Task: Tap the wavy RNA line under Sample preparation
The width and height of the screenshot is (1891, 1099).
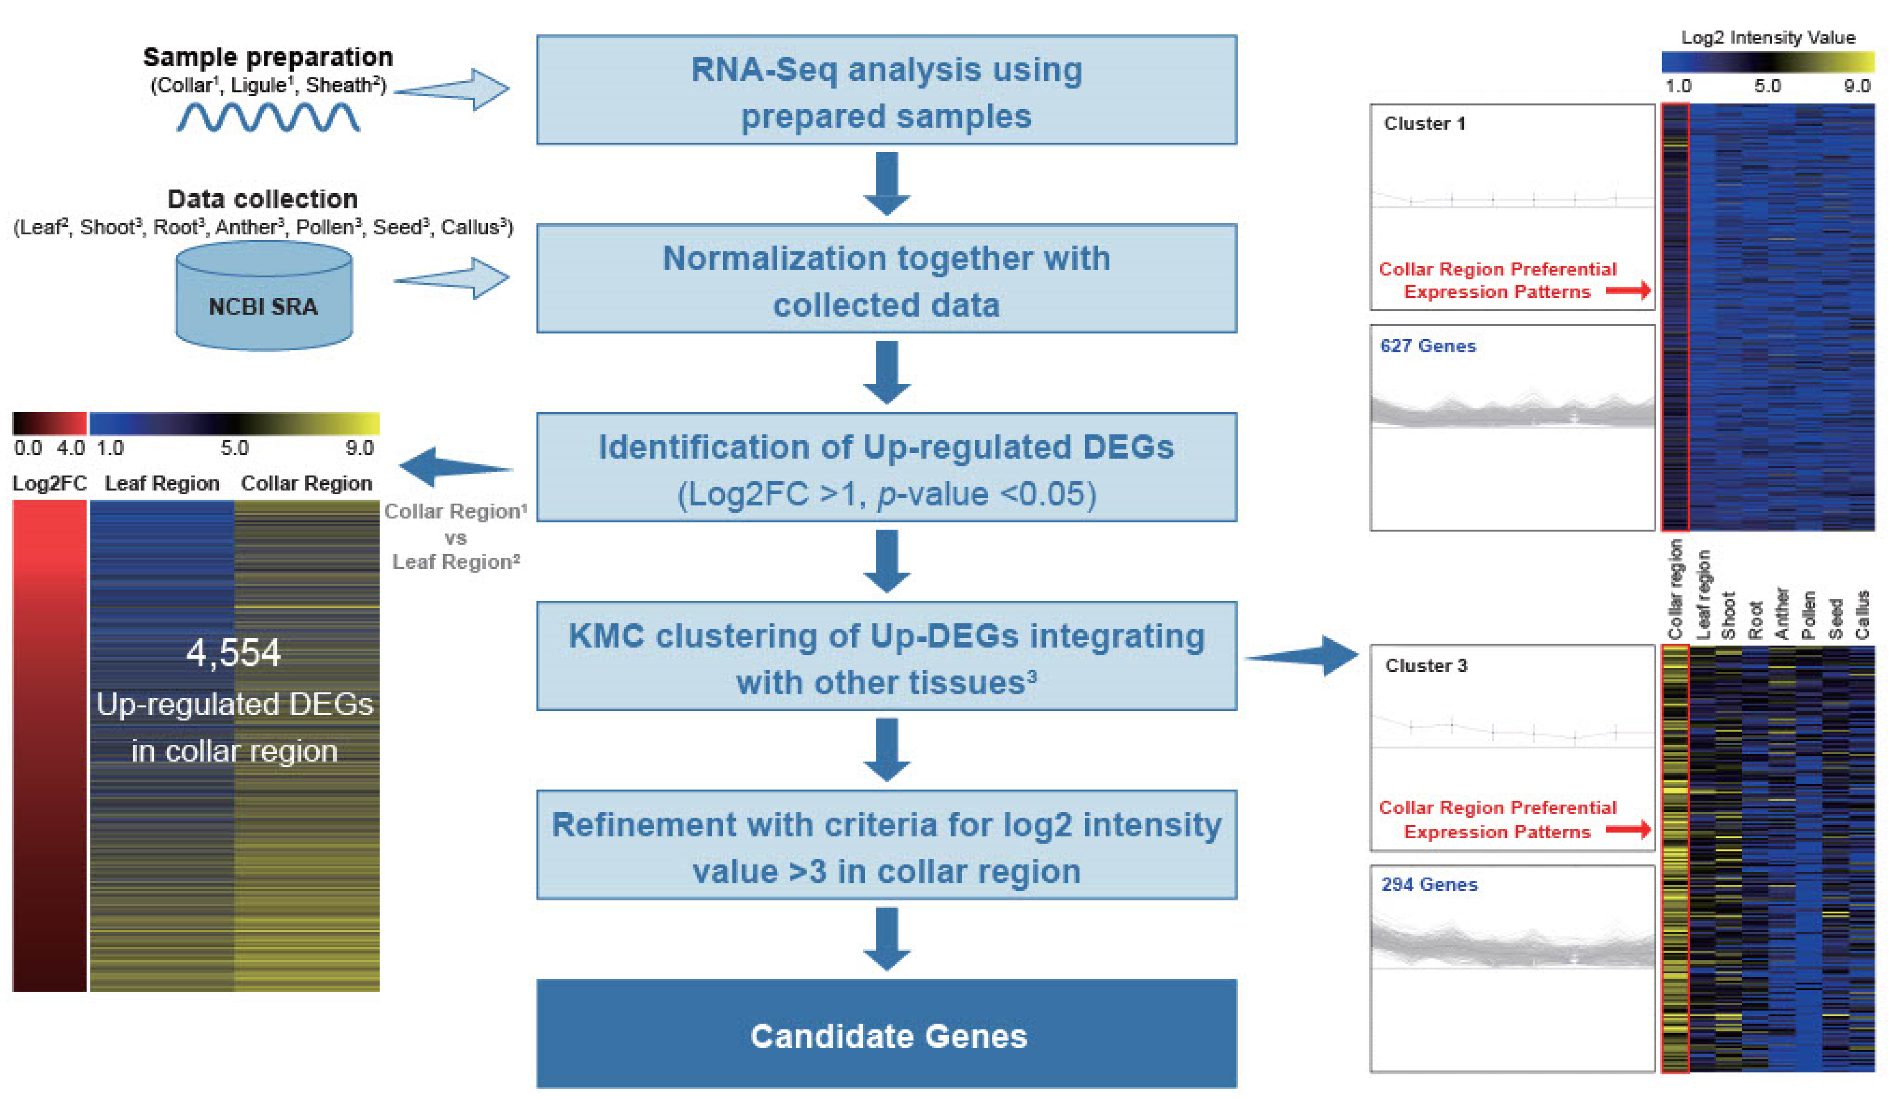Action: [x=268, y=117]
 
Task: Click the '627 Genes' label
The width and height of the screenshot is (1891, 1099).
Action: [x=1428, y=346]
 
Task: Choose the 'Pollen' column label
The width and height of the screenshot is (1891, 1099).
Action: [x=1808, y=615]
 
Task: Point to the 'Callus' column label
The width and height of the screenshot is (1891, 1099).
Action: [x=1862, y=615]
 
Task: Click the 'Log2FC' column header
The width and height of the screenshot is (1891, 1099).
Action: [x=50, y=484]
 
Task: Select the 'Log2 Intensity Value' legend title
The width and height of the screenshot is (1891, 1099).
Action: [x=1768, y=38]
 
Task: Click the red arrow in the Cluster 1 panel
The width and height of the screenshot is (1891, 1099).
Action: [x=1629, y=290]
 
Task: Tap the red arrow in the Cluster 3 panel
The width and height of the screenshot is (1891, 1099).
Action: [x=1629, y=829]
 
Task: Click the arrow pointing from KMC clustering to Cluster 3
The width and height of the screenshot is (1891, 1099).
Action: [x=1302, y=656]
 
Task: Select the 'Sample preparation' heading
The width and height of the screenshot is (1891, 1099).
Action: [x=268, y=57]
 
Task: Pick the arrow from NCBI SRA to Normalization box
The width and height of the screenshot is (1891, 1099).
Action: [x=452, y=279]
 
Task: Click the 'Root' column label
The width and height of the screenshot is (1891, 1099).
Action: [x=1755, y=620]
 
